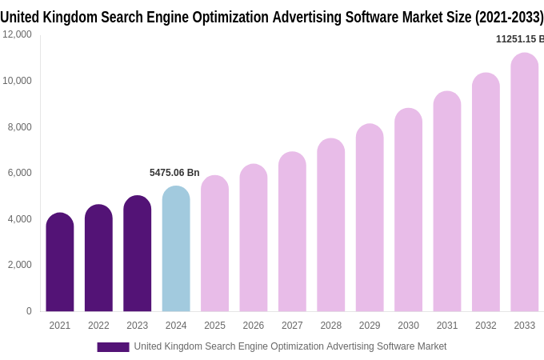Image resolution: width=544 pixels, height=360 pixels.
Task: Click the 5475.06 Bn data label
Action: click(x=174, y=173)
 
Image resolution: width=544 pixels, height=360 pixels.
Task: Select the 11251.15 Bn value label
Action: click(x=519, y=39)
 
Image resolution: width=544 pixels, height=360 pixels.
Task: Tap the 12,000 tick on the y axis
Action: click(x=17, y=34)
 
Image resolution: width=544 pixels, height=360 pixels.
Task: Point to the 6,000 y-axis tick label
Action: click(x=19, y=173)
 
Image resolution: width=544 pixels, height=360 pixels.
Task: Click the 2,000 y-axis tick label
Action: click(x=19, y=265)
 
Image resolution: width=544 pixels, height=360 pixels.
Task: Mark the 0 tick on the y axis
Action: click(x=29, y=311)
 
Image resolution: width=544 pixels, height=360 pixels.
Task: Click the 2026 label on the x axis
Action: click(x=254, y=326)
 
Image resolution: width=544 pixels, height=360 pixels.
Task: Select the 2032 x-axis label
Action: click(x=486, y=326)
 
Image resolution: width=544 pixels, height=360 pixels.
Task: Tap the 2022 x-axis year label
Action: click(x=98, y=326)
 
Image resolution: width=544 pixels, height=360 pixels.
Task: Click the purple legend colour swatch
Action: click(x=113, y=347)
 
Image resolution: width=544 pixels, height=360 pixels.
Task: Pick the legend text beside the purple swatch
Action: click(x=290, y=346)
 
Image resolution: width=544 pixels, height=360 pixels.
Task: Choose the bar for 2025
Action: click(x=214, y=243)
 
